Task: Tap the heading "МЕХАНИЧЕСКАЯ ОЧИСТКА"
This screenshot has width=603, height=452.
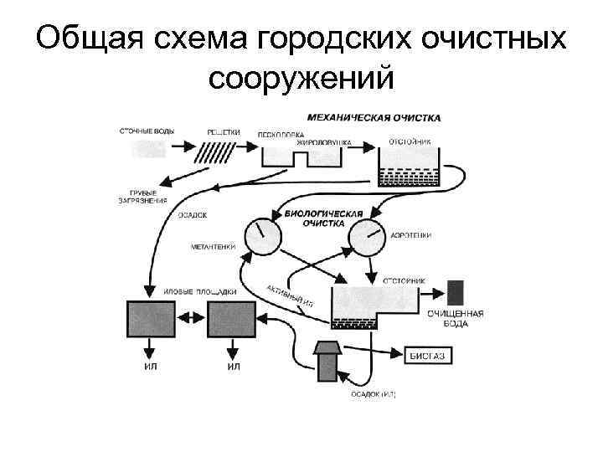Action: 374,118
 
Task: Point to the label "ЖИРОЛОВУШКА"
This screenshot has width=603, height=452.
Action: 322,142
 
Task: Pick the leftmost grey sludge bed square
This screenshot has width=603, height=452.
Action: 150,318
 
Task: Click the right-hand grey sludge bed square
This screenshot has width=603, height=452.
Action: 232,318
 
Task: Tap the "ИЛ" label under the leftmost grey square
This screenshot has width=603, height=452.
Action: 151,366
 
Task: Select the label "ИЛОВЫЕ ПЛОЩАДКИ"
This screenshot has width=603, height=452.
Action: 200,290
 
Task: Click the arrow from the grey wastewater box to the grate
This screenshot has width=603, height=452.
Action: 181,148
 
